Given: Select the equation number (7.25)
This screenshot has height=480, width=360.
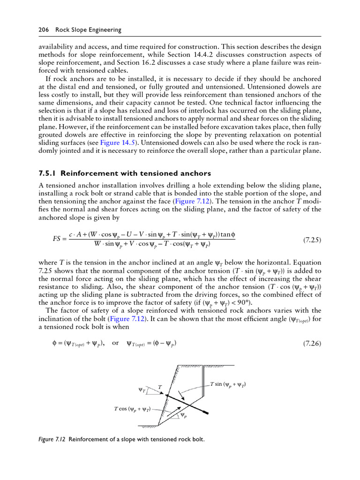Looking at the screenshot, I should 311,240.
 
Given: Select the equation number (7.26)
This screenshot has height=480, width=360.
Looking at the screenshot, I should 311,343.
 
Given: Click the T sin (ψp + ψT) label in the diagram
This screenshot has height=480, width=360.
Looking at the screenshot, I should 228,385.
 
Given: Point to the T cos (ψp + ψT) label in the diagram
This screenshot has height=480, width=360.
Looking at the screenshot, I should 132,409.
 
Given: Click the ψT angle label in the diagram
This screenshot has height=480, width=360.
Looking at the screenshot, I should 142,390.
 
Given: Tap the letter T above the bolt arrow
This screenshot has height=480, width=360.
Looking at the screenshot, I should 159,387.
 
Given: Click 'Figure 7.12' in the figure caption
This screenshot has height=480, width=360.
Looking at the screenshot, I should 52,440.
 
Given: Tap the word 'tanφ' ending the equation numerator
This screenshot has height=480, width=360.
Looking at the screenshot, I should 227,234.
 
